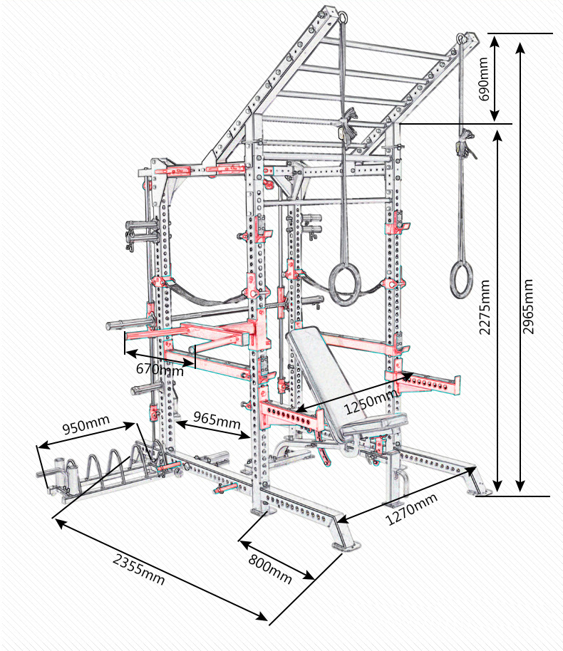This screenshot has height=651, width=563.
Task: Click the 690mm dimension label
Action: pos(485,79)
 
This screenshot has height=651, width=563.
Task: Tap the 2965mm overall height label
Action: pos(528,306)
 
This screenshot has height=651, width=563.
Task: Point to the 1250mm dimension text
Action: pos(371,402)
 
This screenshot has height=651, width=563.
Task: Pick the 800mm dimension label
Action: pos(270,570)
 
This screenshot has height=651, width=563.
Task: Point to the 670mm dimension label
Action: pos(159,369)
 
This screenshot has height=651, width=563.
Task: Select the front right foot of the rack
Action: pos(346,545)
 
